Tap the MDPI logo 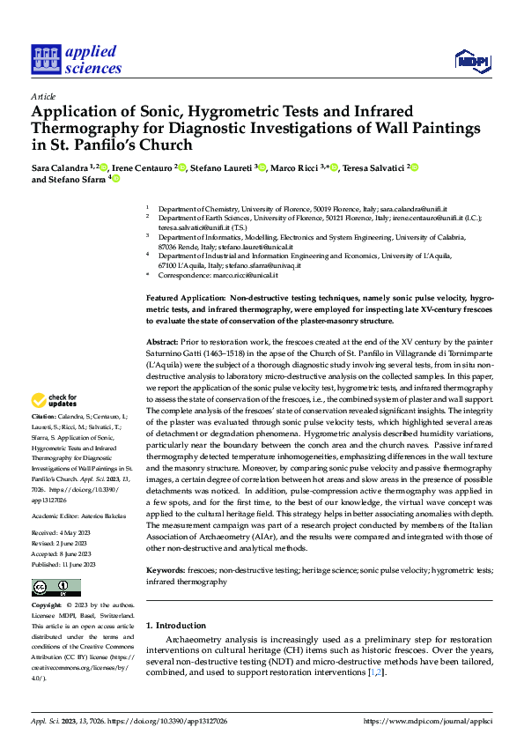(471, 60)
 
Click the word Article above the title (43, 97)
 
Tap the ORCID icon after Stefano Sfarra (115, 179)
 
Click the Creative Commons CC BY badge (55, 588)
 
